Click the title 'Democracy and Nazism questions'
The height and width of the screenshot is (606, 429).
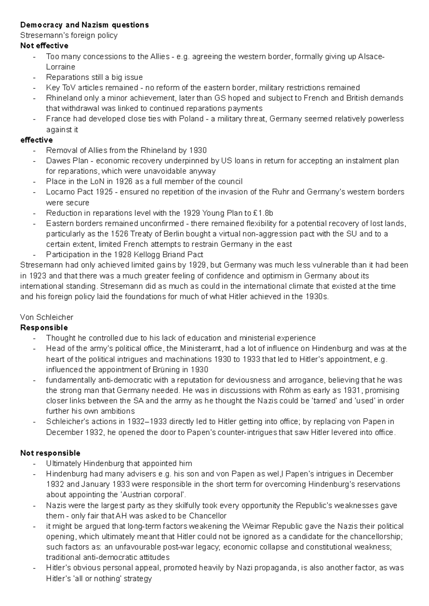84,25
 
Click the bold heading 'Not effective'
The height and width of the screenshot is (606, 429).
44,46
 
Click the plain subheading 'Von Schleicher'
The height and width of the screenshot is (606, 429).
46,317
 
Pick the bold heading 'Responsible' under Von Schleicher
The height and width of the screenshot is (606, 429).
44,328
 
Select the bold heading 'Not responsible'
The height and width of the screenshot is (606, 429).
50,453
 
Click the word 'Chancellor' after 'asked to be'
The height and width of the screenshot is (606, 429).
208,516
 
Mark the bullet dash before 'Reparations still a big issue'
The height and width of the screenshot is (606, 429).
34,77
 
